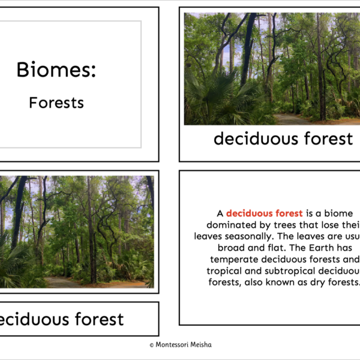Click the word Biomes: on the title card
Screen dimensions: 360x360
click(56, 70)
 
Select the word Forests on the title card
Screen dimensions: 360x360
click(56, 103)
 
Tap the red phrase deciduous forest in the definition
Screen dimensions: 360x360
click(265, 213)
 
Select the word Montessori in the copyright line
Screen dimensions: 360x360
click(173, 345)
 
